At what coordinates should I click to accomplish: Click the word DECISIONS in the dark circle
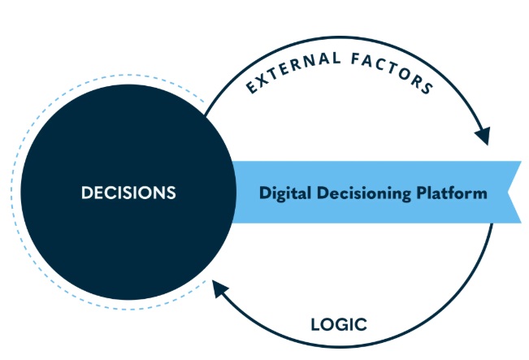(128, 193)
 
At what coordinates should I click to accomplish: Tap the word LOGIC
(339, 325)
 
